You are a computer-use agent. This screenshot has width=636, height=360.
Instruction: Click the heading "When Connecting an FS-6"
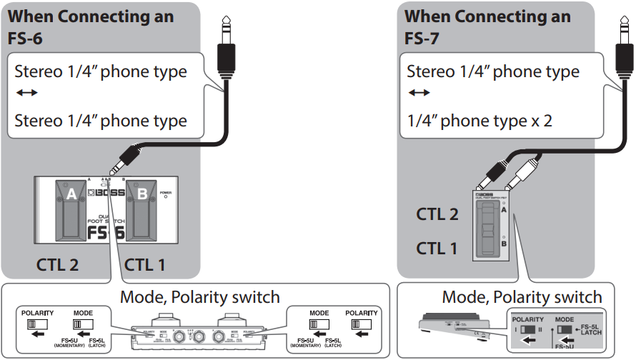91,26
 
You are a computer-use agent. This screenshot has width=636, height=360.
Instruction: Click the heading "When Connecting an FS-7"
487,26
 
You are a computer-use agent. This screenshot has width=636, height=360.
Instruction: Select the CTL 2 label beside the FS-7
437,214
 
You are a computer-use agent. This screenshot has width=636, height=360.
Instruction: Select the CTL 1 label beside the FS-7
437,248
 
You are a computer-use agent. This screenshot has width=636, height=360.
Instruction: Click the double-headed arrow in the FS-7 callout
419,94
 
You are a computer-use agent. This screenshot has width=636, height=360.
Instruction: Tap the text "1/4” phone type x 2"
480,120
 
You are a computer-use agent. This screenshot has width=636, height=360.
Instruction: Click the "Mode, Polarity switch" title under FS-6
199,296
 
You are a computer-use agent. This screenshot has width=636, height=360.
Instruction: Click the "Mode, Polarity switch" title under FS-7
522,296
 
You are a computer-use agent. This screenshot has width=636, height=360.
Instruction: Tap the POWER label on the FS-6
166,192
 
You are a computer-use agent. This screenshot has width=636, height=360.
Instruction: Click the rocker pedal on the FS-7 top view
487,228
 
